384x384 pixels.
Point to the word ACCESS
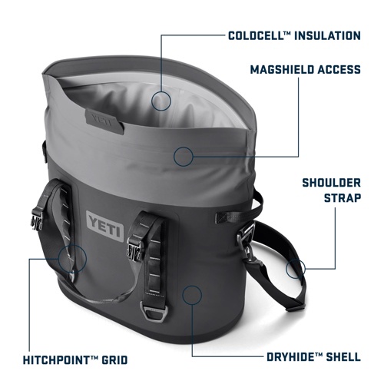click(339, 70)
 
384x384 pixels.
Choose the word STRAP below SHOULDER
click(340, 203)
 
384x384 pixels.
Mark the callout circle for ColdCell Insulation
click(161, 100)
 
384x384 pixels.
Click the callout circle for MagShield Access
click(182, 156)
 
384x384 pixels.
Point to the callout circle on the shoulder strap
click(295, 268)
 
